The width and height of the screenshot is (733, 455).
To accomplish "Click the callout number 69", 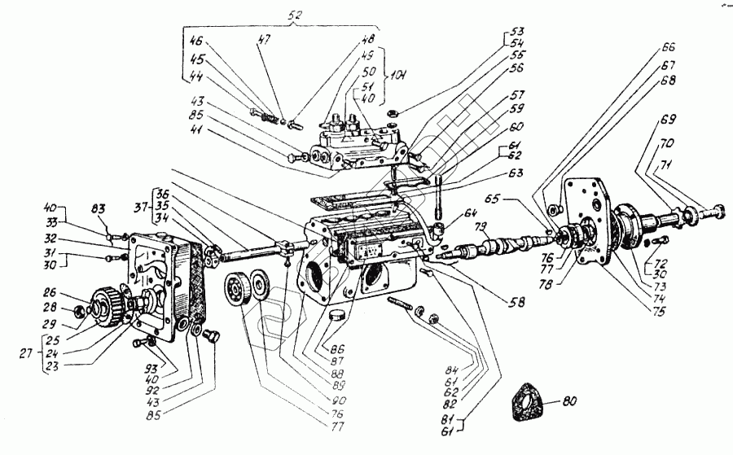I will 668,120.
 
